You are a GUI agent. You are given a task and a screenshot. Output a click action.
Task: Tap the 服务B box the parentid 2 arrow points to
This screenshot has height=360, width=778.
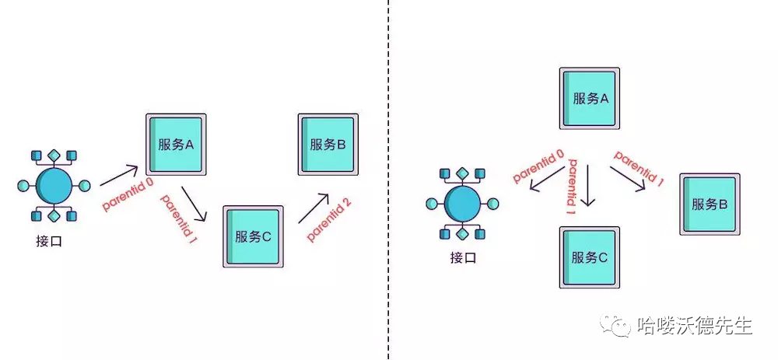click(328, 144)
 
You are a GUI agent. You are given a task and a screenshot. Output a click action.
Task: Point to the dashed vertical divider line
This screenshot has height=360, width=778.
click(388, 179)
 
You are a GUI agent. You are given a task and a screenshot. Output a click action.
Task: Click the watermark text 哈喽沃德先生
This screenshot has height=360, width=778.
click(695, 326)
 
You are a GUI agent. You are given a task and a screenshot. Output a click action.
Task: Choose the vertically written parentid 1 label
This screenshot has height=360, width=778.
click(572, 187)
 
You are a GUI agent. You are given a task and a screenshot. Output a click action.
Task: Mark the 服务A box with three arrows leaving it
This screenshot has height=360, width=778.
click(589, 98)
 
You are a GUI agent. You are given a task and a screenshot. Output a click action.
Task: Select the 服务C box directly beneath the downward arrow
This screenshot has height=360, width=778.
click(589, 257)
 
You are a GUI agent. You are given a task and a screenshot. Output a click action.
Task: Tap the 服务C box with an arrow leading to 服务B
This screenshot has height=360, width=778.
click(252, 237)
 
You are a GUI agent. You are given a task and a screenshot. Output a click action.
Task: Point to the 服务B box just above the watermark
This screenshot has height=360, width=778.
click(710, 204)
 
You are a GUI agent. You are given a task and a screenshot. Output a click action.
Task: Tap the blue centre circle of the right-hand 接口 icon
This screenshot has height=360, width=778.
click(462, 204)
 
